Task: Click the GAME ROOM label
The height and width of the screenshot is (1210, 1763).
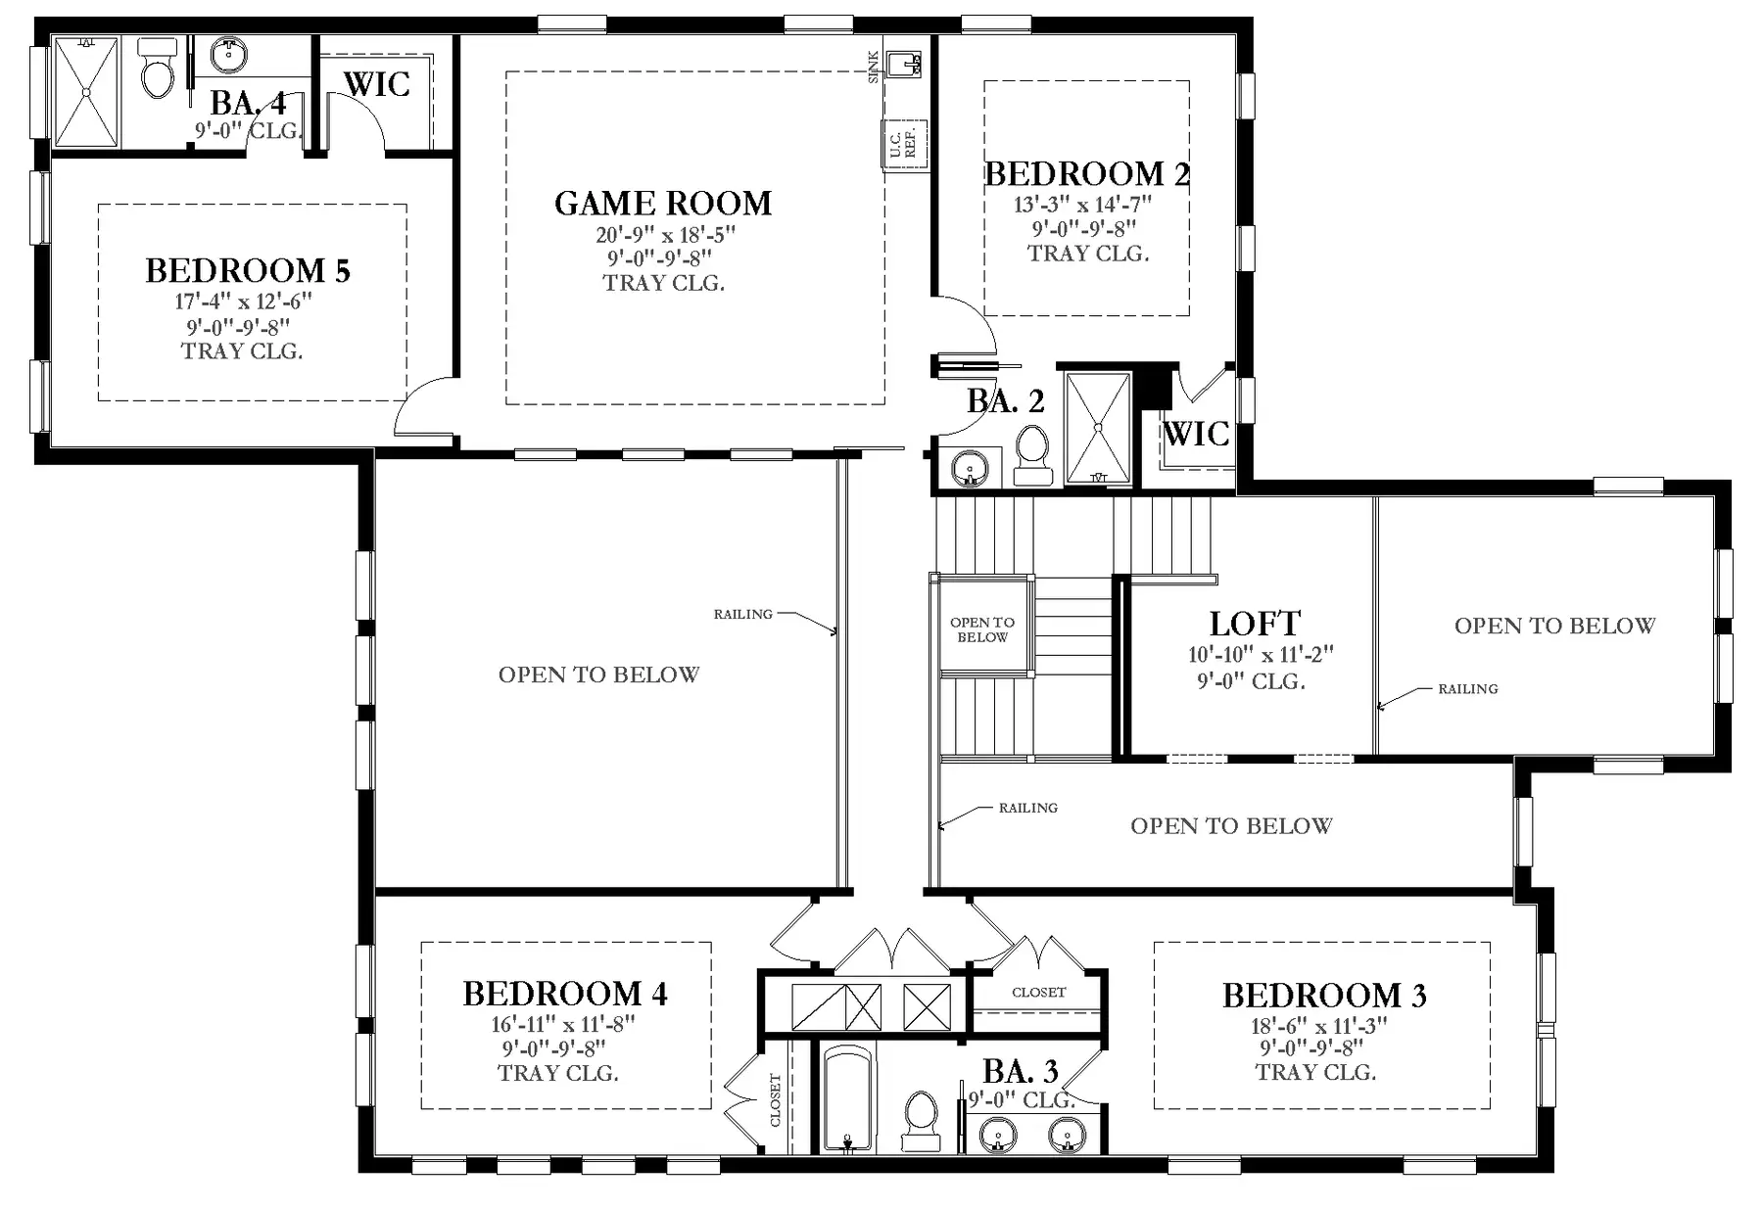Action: (663, 204)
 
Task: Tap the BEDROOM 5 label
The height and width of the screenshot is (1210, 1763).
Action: (248, 270)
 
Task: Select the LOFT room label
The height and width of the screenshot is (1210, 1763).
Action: (1255, 624)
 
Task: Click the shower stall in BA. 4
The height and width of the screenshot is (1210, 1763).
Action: (86, 92)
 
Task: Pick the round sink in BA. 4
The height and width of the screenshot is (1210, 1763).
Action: (229, 56)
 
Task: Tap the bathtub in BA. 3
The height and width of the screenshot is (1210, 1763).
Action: (848, 1098)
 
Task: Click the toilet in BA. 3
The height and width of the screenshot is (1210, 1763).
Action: (921, 1121)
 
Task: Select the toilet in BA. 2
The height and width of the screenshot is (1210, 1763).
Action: (1032, 456)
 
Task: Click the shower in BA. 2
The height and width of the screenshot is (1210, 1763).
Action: (1098, 428)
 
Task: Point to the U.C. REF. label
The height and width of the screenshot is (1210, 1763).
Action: (902, 143)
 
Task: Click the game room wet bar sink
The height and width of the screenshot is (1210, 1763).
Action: (902, 65)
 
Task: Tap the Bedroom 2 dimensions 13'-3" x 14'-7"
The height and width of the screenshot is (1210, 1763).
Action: (1083, 206)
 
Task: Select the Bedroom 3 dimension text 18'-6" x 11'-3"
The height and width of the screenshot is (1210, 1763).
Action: (1319, 1026)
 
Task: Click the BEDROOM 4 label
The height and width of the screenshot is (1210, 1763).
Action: (565, 994)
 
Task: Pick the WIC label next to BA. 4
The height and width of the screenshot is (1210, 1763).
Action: (377, 84)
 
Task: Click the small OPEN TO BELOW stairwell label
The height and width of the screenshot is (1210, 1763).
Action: (982, 629)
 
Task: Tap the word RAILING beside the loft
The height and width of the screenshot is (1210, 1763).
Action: (1467, 689)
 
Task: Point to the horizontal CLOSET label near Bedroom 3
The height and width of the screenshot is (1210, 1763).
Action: (1039, 993)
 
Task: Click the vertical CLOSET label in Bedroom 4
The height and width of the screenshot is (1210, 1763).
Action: (776, 1099)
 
